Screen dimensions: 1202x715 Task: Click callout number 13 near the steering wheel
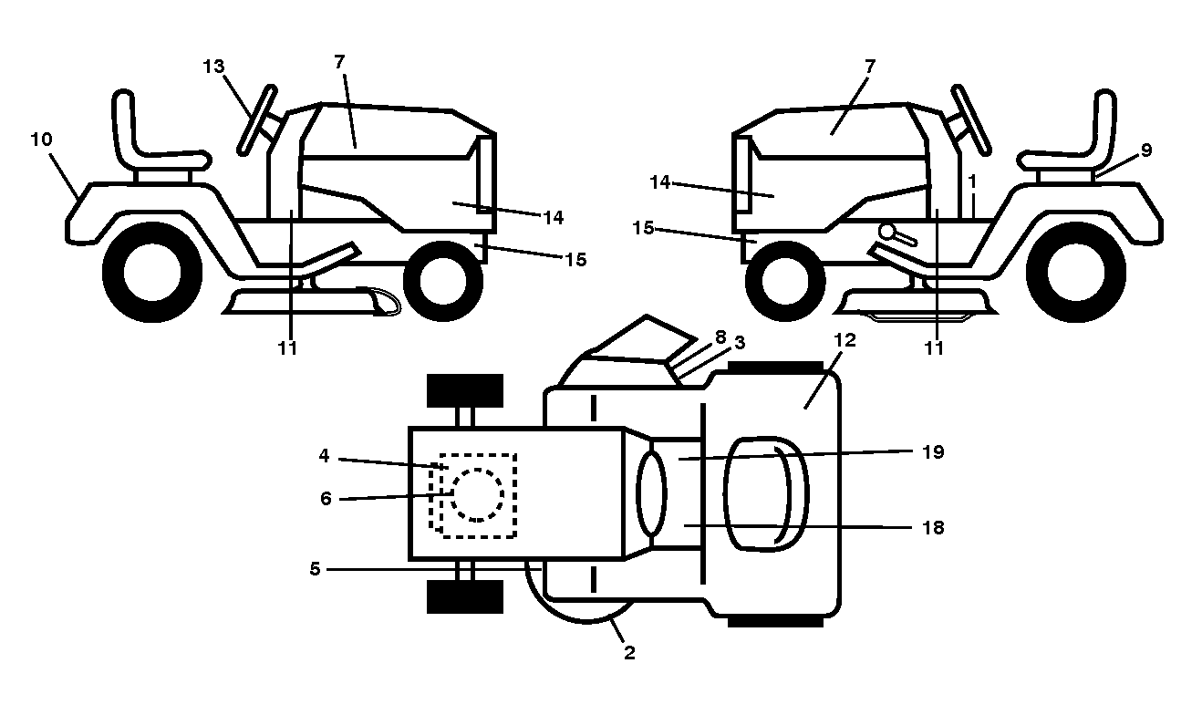[x=213, y=67]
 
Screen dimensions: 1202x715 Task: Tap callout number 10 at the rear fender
[x=41, y=140]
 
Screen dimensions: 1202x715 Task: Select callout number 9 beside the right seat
[x=1145, y=150]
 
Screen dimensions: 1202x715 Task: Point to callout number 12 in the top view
[x=845, y=340]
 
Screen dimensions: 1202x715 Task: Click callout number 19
[x=933, y=452]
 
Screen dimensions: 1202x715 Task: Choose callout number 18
[x=933, y=528]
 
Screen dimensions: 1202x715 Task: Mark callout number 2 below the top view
[x=629, y=653]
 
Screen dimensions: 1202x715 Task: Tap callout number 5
[x=315, y=569]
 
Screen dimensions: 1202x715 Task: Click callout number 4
[x=324, y=456]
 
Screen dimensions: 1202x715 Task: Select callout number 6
[x=326, y=499]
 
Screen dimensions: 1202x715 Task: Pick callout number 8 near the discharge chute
[x=720, y=337]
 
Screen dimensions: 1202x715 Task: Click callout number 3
[x=740, y=343]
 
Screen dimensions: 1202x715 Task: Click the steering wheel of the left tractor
[x=257, y=120]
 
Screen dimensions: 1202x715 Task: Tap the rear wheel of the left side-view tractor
[x=152, y=272]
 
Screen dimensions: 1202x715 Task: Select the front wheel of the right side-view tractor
[x=785, y=281]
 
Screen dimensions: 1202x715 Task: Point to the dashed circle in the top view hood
[x=477, y=495]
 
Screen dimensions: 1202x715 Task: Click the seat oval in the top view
[x=766, y=494]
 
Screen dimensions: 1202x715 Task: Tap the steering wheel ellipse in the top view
[x=651, y=492]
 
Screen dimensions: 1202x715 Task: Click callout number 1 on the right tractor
[x=972, y=181]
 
